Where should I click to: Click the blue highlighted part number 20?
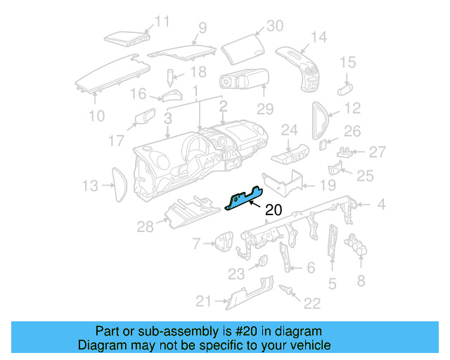coord(243,200)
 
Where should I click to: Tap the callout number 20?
coord(274,209)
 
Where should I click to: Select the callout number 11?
coord(162,21)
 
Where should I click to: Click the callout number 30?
coord(274,26)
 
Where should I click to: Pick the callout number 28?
coord(145,226)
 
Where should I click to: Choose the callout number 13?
coord(90,186)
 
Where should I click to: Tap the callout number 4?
coord(380,205)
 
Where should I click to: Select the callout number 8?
coord(361,281)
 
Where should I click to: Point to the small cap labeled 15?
coord(346,88)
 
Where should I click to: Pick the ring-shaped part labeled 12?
coord(320,120)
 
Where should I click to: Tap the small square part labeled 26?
coord(323,145)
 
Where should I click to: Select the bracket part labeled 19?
coord(281,181)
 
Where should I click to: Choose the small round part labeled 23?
coord(261,262)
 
